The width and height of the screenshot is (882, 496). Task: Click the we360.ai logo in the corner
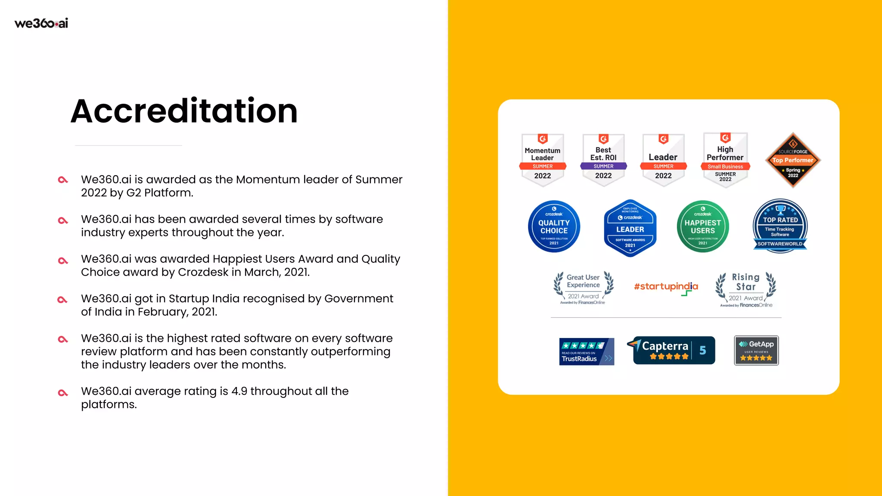41,23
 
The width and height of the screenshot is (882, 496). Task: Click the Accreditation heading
184,111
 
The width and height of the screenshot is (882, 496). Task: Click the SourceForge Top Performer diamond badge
793,160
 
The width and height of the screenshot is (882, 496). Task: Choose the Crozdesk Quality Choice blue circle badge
554,226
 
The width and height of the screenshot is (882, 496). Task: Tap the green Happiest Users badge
702,226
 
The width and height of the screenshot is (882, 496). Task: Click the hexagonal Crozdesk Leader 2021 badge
630,228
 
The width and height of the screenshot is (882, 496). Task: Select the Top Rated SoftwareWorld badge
780,226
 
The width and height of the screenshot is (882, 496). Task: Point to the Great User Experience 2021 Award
583,288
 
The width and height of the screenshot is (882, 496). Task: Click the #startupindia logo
666,287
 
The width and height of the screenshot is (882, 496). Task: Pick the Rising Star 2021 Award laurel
745,289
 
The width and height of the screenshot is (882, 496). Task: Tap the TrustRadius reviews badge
586,351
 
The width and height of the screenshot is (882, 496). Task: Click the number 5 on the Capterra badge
702,350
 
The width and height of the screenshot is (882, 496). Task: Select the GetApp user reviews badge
756,350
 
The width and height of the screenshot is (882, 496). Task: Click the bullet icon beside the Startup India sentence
63,300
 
